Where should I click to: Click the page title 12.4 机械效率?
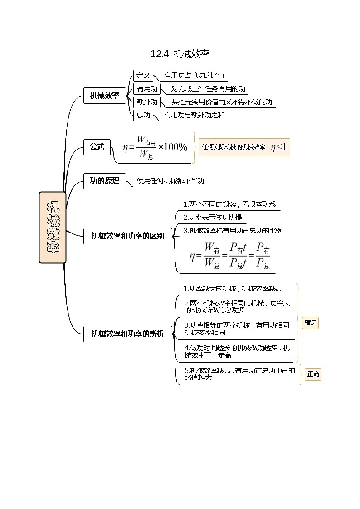point(180,54)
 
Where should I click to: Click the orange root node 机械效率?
point(53,228)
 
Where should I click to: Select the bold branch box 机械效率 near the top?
point(105,96)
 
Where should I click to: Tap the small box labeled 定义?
point(143,75)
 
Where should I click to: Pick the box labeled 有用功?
point(147,88)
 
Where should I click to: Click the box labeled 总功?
point(143,115)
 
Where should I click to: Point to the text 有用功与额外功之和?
point(195,115)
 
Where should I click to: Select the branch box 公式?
point(97,147)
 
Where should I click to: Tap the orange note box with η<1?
point(244,147)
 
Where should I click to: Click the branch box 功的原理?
point(105,180)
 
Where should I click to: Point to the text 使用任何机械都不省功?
point(170,181)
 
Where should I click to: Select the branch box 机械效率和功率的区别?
point(128,236)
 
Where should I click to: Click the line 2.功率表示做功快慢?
point(212,217)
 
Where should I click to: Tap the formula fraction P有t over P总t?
point(238,255)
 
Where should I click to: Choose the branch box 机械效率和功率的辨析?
point(128,334)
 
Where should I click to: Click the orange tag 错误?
point(310,323)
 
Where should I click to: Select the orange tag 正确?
point(313,374)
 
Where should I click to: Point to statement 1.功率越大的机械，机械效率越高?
point(233,289)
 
